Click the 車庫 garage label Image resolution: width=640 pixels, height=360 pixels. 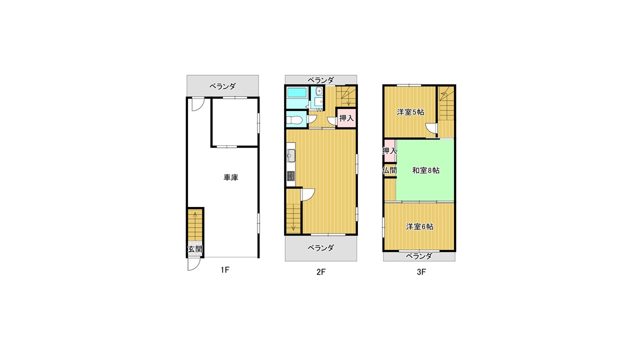pos(230,177)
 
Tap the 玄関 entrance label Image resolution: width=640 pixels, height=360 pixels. pos(195,249)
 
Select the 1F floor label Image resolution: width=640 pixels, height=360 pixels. pos(225,269)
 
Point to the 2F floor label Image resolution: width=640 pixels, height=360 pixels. pos(321,272)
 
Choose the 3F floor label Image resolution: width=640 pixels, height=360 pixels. pos(421,272)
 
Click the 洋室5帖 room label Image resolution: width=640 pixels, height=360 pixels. pos(410,112)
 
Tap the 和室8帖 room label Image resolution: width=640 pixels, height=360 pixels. pos(425,170)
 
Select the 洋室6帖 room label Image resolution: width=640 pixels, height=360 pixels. pos(419,226)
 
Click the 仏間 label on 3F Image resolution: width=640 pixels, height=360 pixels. pos(389,170)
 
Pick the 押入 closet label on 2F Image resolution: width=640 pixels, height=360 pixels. pos(346,118)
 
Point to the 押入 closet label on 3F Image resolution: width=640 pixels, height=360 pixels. pos(389,150)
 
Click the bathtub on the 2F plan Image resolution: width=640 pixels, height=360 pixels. pos(297,93)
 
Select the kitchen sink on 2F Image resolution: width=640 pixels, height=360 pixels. pos(291,155)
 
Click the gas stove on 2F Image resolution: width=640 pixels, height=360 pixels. pos(291,176)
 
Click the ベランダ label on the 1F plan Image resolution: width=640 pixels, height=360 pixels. pos(222,86)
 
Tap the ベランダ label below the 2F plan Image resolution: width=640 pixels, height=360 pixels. pos(320,247)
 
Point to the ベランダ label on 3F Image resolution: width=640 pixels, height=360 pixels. pos(419,256)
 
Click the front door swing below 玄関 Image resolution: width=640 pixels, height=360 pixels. pos(192,264)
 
